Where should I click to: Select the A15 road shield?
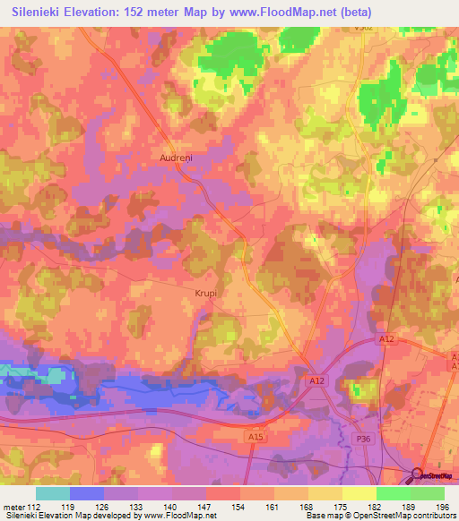255,436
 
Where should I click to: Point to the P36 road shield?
363,439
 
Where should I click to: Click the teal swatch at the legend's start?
53,493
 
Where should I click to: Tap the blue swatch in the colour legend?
87,493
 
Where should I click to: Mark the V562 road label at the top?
361,29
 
